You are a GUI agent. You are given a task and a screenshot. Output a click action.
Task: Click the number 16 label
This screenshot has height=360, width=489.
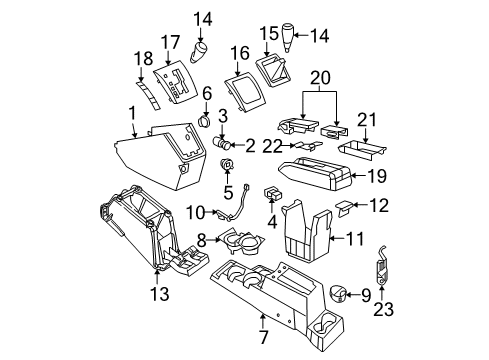pyautogui.click(x=239, y=53)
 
